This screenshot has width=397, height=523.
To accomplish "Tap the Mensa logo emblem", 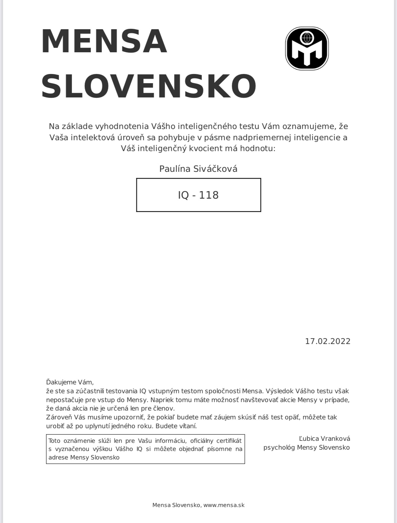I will coord(307,49).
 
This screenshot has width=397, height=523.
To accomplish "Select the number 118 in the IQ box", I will coord(209,195).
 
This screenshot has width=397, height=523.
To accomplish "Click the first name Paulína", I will coord(175,168).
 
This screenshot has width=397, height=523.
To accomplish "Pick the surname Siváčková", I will coord(215,168).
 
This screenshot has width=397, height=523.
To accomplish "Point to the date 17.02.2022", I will coord(327,341).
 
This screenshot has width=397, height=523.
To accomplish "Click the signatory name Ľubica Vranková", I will coord(324,438).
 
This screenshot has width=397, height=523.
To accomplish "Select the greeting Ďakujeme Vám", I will coord(70,382).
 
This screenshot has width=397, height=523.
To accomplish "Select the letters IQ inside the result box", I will coord(183,195).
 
